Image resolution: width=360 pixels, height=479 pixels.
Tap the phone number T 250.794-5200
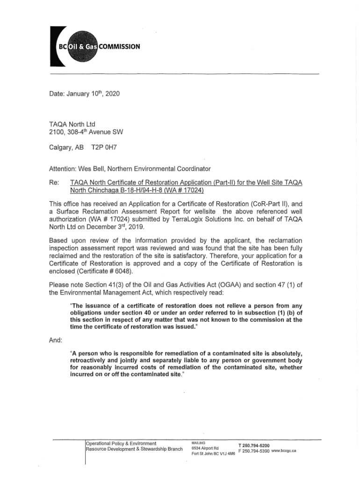click(253, 445)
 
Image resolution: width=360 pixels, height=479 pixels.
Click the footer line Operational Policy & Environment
click(121, 443)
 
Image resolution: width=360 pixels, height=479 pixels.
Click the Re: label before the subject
click(54, 181)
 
